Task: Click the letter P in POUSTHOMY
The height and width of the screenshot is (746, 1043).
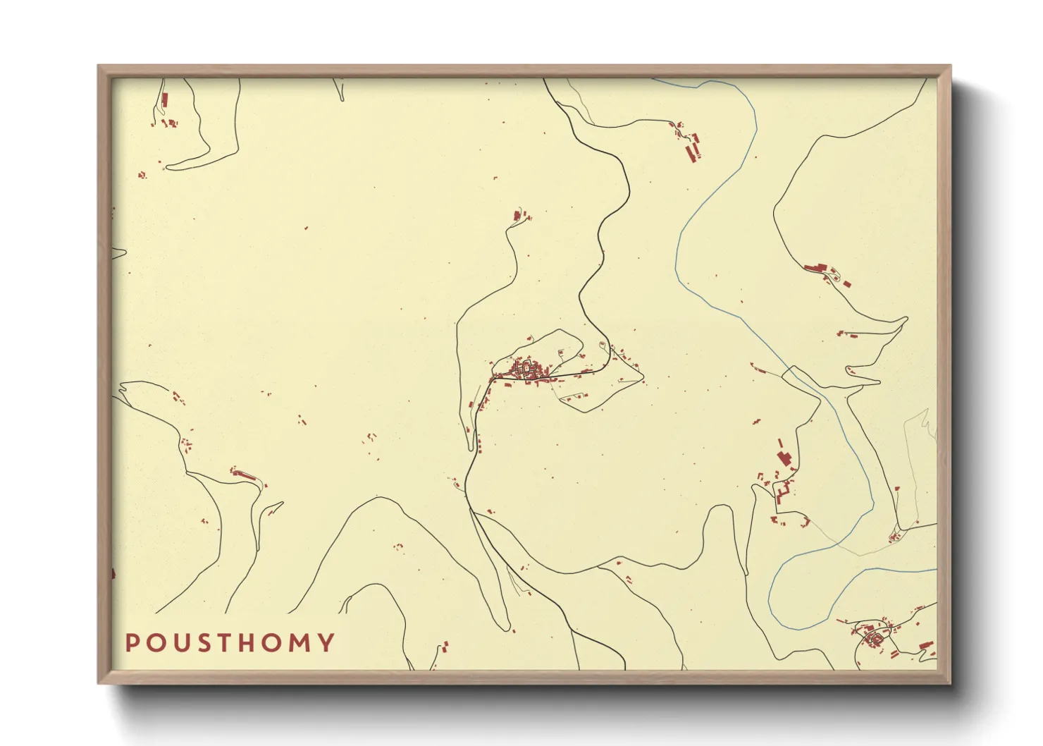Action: coord(131,643)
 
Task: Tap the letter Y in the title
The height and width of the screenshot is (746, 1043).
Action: coord(326,643)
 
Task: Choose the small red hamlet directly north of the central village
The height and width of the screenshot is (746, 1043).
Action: coord(520,214)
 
